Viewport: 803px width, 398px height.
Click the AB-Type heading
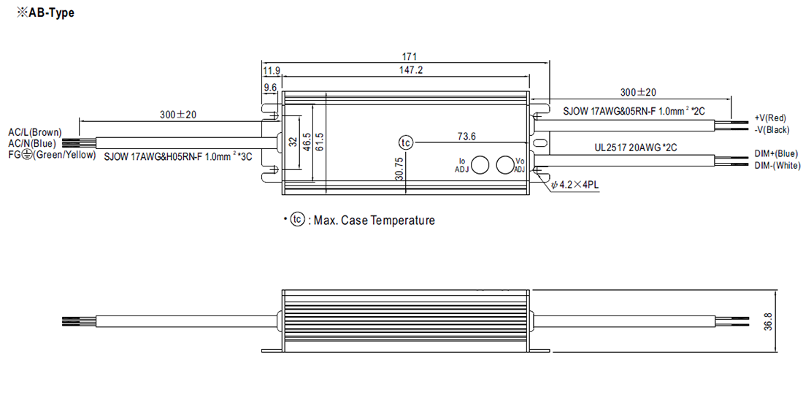tap(45, 13)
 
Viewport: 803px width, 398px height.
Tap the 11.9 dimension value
tap(271, 71)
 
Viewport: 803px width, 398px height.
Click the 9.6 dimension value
tap(269, 88)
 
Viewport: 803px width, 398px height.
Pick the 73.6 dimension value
tap(466, 137)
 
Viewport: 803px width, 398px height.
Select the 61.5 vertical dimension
tap(319, 142)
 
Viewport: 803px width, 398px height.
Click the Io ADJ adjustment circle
tap(480, 165)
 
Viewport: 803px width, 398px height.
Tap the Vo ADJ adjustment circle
tap(505, 165)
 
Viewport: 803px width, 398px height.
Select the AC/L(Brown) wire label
tap(34, 132)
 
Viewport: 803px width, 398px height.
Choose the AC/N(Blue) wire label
tap(32, 143)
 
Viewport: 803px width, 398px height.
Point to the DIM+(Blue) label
tap(775, 154)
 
